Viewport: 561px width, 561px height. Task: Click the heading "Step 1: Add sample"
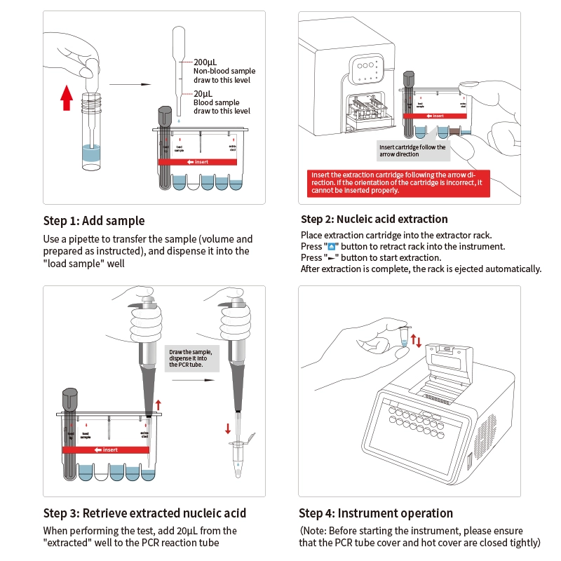(94, 221)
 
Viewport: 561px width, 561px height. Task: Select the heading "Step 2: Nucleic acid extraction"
(374, 219)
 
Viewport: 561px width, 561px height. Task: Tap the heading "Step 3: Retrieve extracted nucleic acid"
(144, 513)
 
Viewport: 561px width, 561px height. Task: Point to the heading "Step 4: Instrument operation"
(376, 513)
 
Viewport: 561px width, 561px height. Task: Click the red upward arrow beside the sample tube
(67, 97)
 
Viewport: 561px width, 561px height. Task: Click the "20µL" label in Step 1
(203, 94)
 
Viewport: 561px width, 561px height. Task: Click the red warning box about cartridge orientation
(398, 182)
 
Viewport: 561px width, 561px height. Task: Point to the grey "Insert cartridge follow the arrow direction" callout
(412, 150)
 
